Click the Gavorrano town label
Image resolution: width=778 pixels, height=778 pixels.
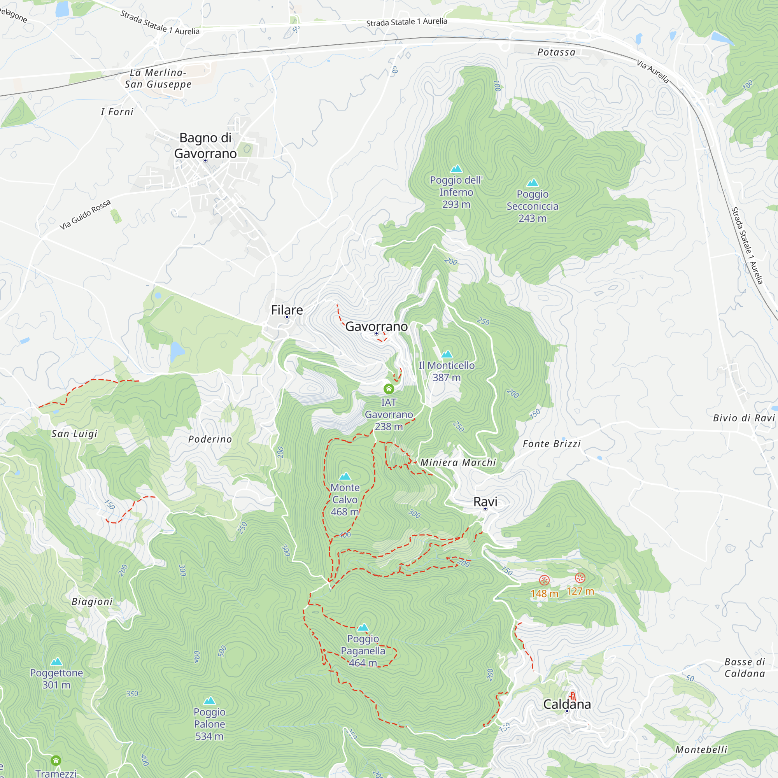(377, 326)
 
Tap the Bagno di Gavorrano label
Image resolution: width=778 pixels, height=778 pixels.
(205, 145)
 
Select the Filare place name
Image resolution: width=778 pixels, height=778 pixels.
(287, 310)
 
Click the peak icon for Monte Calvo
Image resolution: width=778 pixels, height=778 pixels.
(345, 477)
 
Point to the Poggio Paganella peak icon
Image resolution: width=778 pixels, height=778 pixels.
(363, 627)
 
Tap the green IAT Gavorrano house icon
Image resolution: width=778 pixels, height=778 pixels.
(389, 389)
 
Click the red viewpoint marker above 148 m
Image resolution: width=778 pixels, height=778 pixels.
(544, 580)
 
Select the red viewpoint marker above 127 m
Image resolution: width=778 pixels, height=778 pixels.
(580, 578)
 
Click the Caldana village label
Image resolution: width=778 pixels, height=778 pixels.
(567, 704)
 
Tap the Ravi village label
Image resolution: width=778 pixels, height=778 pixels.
(485, 502)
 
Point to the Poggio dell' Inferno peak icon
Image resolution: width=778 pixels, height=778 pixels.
(456, 169)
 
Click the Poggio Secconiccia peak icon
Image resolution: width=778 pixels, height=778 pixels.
(533, 183)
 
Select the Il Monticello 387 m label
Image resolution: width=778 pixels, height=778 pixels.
(447, 371)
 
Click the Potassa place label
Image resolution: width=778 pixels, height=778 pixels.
(557, 53)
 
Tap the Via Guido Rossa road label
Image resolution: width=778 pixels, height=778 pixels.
(85, 215)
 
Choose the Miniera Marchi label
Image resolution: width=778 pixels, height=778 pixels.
(458, 463)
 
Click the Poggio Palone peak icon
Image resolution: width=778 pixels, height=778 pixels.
(209, 701)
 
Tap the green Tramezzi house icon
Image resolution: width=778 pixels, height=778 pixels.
(56, 760)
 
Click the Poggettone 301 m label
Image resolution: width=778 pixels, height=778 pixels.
(56, 678)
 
